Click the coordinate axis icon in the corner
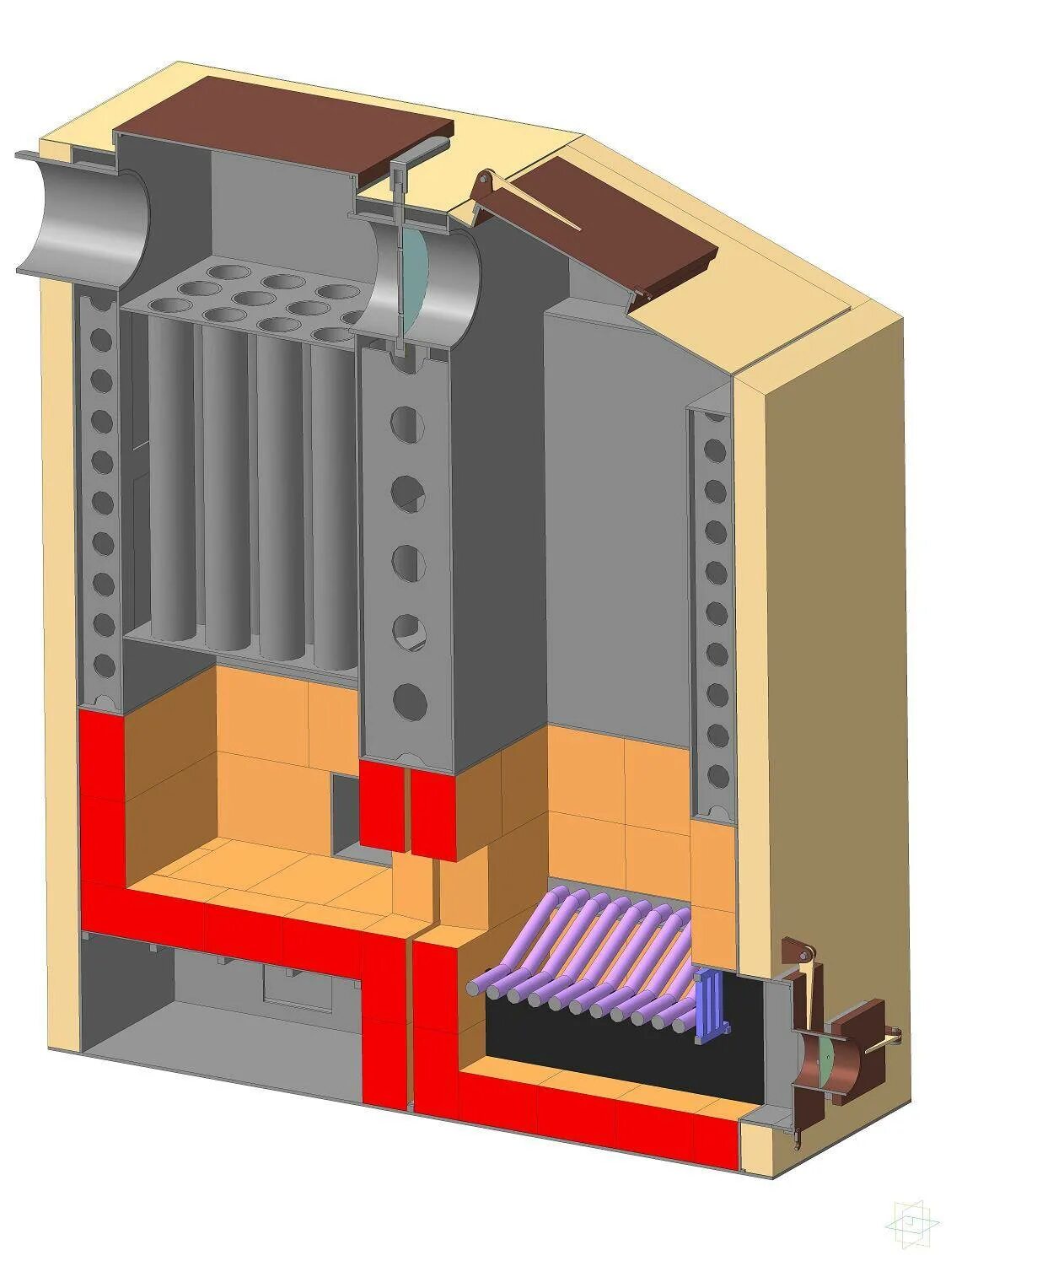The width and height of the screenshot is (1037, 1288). coord(911,1221)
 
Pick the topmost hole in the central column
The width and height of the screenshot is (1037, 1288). coord(406,423)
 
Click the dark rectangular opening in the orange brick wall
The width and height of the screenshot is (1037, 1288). coord(346,814)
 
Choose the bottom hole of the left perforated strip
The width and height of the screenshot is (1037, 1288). coord(104,666)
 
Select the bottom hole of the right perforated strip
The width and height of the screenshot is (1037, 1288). coord(717,775)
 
